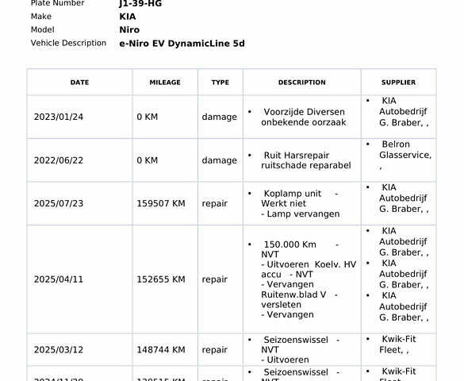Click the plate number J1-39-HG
tap(140, 4)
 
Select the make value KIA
tap(127, 17)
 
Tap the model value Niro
tap(128, 30)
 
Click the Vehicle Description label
tap(68, 43)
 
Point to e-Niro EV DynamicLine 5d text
tap(182, 44)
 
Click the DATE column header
tap(79, 83)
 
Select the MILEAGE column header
tap(165, 83)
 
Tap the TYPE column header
tap(220, 83)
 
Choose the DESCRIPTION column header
tap(301, 83)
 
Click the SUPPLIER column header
tap(398, 83)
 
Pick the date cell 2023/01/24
tap(58, 117)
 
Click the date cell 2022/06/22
tap(58, 160)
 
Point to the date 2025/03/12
tap(58, 350)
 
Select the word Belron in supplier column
tap(396, 144)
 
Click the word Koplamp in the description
tap(282, 194)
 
